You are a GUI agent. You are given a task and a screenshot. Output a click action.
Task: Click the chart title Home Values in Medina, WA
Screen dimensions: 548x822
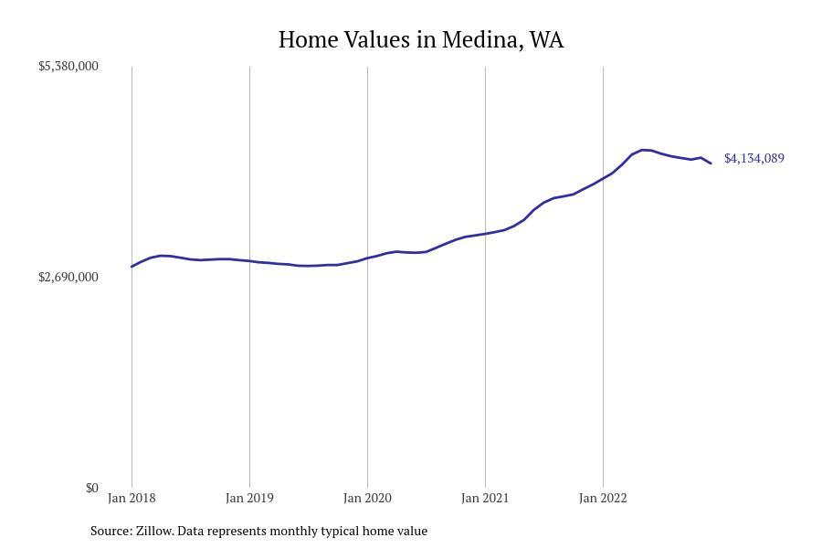tap(421, 40)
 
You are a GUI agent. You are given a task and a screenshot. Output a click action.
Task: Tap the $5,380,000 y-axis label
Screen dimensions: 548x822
tap(68, 66)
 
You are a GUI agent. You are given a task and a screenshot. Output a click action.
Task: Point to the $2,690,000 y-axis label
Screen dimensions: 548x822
tap(68, 277)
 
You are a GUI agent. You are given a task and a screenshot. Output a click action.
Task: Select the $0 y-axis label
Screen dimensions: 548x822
tap(92, 488)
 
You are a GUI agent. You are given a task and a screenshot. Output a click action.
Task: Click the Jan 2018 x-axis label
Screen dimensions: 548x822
tap(132, 498)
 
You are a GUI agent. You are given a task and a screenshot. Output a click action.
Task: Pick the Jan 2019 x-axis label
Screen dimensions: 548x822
tap(249, 498)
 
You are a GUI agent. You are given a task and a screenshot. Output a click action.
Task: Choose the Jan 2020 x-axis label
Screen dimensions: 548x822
tap(367, 498)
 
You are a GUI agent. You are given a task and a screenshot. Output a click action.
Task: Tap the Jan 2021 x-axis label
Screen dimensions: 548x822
tap(485, 498)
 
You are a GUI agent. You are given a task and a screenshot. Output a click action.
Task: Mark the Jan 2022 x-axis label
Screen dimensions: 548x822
tap(603, 498)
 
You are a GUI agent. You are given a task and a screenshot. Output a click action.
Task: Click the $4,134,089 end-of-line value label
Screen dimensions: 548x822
tap(753, 158)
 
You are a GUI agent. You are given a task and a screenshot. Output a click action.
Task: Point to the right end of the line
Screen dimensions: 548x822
tap(711, 163)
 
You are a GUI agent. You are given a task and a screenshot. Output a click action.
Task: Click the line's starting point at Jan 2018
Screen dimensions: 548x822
tap(132, 267)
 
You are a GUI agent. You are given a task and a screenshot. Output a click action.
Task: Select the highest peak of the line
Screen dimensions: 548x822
tap(643, 150)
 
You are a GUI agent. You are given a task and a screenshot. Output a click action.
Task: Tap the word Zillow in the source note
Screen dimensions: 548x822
tap(154, 531)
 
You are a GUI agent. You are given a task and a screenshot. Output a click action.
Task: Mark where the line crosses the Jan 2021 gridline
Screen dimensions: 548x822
tap(485, 234)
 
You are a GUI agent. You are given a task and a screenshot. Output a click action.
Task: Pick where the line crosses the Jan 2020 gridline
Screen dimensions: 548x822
tap(367, 258)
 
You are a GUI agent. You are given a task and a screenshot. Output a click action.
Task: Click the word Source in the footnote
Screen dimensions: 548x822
tap(111, 531)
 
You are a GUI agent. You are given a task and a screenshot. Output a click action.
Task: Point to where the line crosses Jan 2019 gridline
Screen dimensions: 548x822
tap(249, 261)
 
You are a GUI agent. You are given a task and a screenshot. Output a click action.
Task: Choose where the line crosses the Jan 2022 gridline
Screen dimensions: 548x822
tap(603, 178)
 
